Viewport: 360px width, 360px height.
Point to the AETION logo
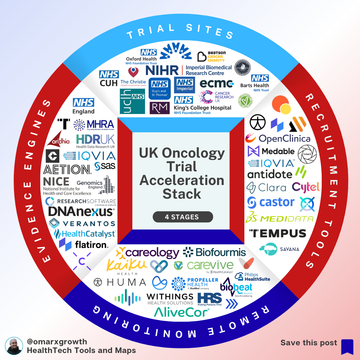(66, 169)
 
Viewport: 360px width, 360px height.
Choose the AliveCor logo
(179, 310)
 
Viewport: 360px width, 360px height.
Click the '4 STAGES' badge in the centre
(180, 216)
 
